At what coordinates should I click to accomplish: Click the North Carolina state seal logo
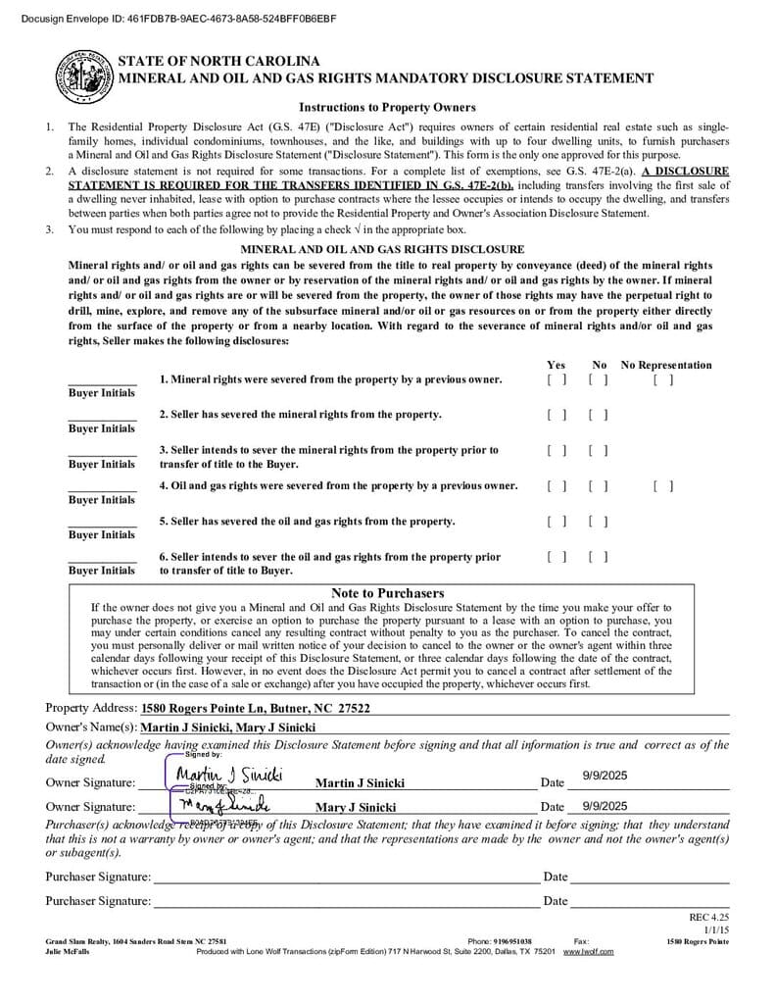click(x=84, y=76)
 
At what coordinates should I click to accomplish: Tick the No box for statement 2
click(x=599, y=415)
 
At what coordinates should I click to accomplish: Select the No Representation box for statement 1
click(x=663, y=379)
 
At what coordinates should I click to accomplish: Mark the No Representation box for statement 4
click(x=663, y=485)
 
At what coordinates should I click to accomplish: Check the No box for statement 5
click(x=599, y=522)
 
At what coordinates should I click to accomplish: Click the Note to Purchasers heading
click(x=387, y=593)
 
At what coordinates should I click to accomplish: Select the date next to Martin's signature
click(x=604, y=776)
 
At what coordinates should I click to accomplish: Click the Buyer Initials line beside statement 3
click(x=102, y=450)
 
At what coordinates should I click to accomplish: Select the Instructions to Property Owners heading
click(x=387, y=107)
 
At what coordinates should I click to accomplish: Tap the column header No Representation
click(x=666, y=365)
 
